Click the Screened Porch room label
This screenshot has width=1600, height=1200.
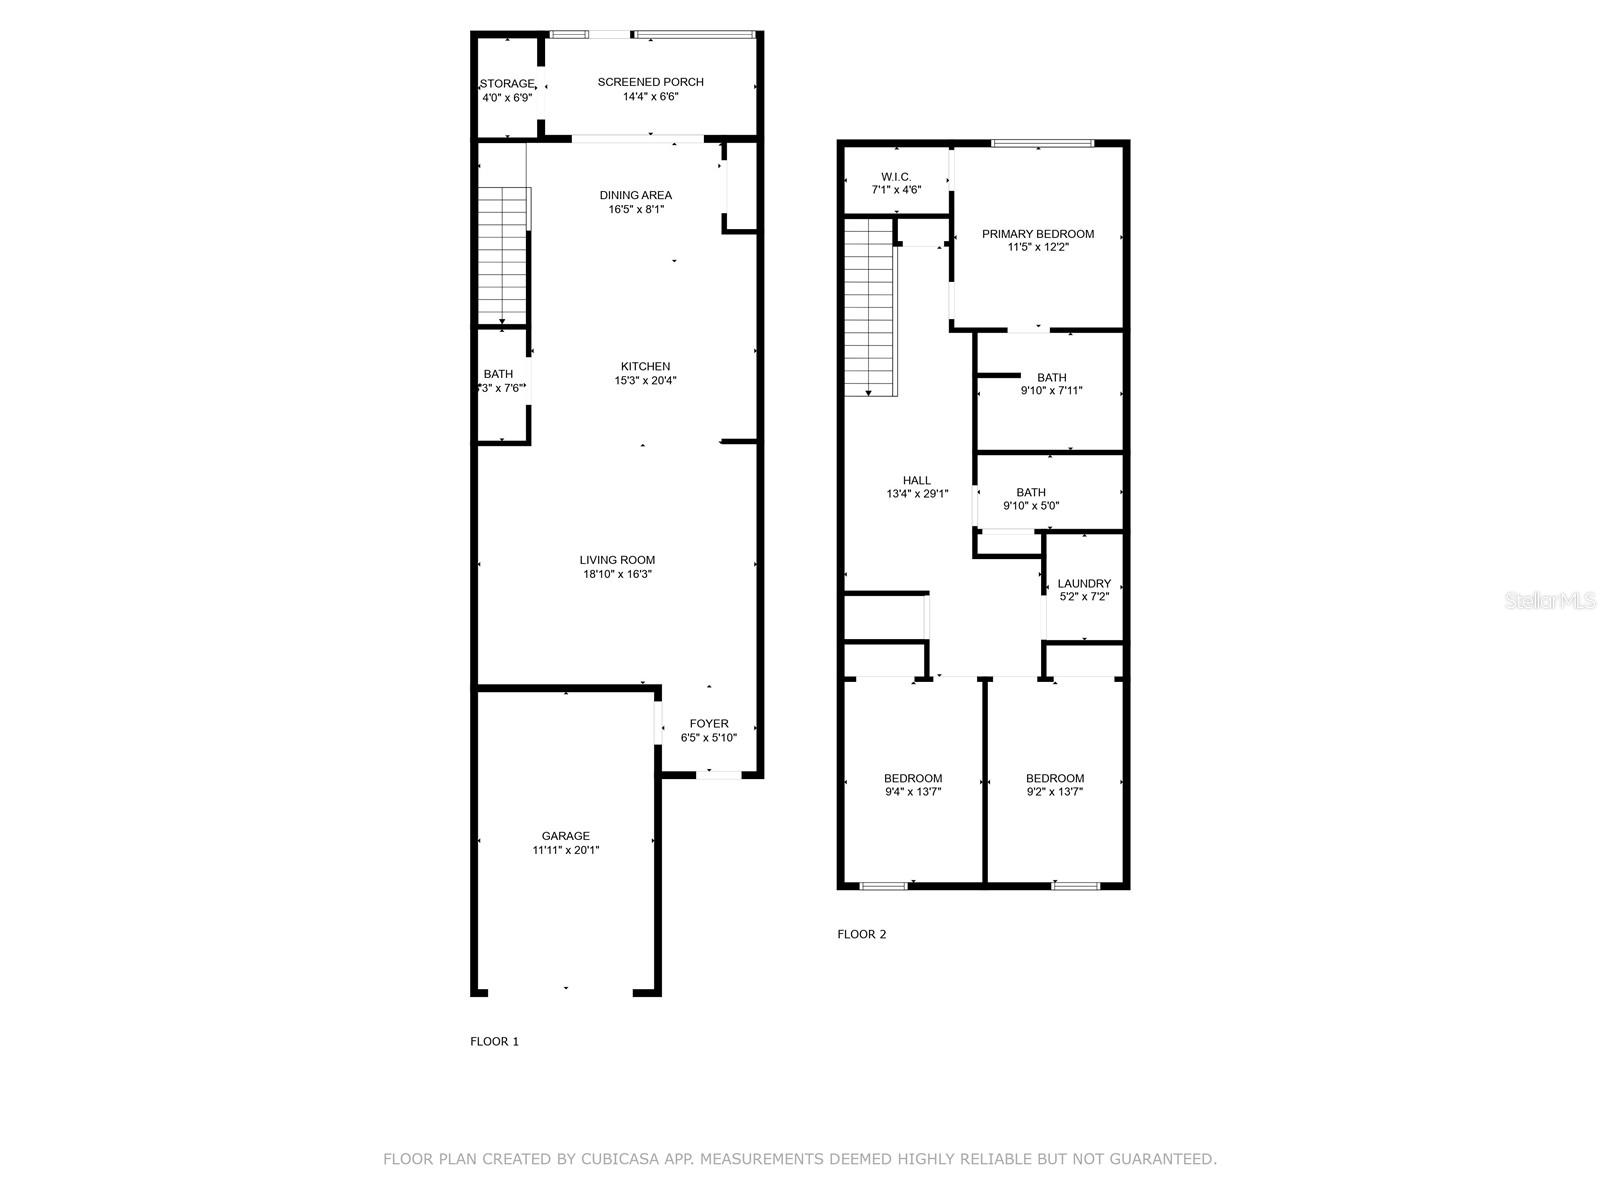click(650, 82)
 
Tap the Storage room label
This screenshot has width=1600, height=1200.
click(507, 84)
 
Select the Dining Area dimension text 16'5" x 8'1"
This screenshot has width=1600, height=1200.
click(636, 209)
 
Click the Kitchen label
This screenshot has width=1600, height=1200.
click(645, 367)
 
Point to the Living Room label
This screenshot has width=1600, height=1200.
click(617, 560)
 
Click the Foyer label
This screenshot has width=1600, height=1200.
click(709, 724)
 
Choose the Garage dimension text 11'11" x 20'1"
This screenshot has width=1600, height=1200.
click(566, 850)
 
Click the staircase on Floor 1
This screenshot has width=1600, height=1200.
click(502, 255)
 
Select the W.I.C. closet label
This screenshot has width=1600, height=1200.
click(896, 177)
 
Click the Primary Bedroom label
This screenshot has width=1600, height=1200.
click(1038, 234)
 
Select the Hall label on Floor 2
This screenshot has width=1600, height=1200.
click(916, 481)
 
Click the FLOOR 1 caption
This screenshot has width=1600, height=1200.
click(494, 1041)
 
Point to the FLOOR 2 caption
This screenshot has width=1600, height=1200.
click(861, 934)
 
